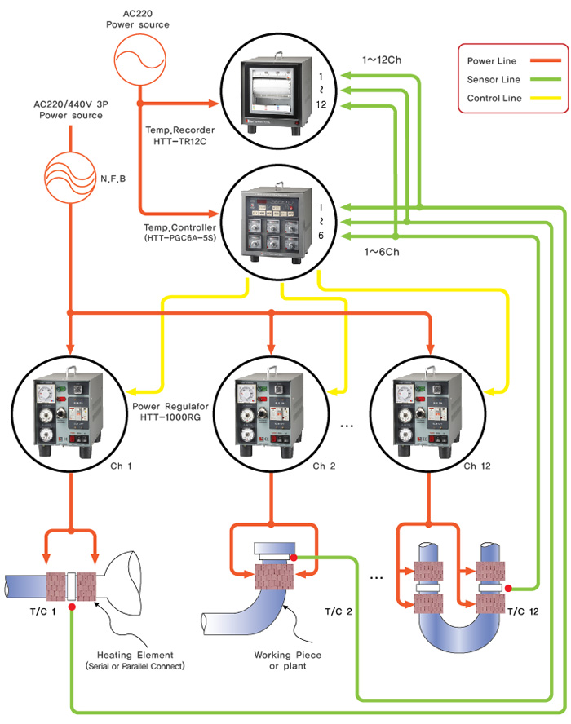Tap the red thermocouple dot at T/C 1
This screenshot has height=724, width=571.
(73, 607)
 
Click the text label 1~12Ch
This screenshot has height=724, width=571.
(382, 60)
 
